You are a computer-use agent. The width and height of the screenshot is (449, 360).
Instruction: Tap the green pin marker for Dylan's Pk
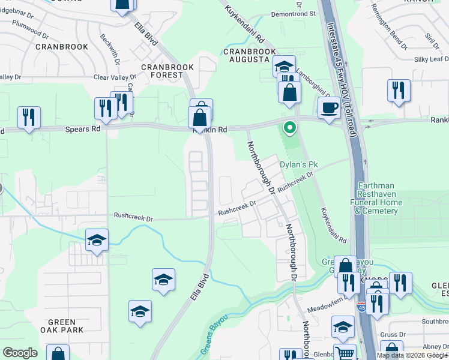click(289, 128)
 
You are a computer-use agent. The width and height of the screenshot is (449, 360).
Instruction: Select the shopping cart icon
click(345, 353)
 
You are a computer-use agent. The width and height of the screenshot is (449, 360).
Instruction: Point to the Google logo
click(20, 353)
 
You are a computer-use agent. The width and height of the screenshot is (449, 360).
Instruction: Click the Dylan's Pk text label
click(298, 164)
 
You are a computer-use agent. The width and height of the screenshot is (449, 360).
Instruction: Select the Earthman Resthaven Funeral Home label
click(387, 199)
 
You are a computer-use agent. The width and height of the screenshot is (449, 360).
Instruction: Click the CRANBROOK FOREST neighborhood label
click(162, 71)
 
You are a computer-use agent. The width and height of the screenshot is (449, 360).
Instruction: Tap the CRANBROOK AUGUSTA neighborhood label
click(246, 56)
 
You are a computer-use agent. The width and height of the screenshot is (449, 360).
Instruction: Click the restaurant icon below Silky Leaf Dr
click(399, 91)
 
